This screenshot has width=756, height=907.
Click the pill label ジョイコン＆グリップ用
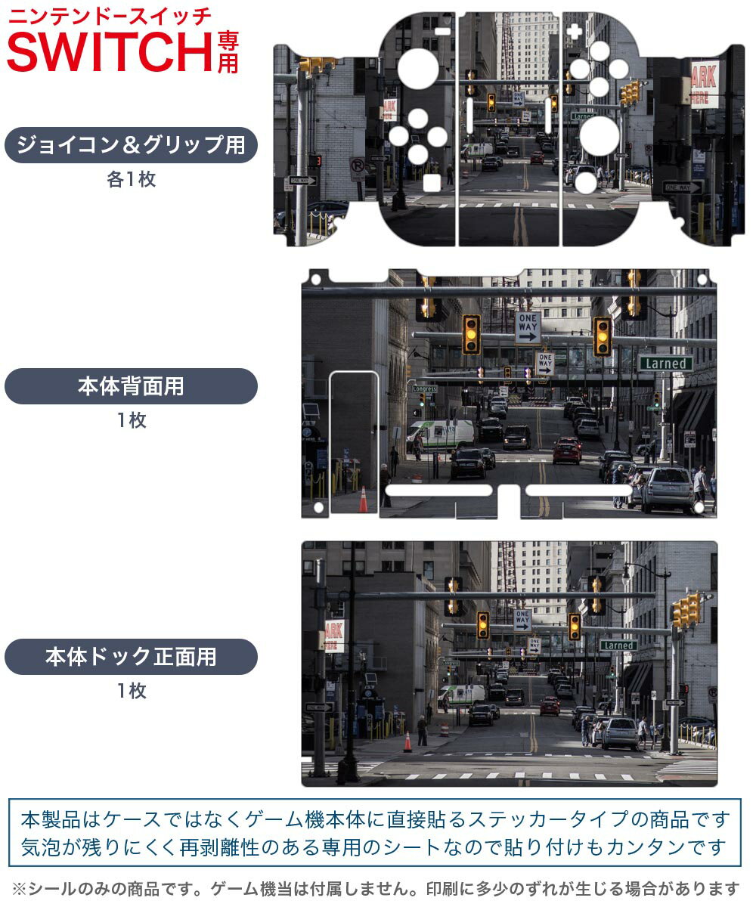(131, 145)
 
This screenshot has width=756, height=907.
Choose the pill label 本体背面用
(131, 386)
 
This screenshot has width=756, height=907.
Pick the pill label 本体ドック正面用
(131, 656)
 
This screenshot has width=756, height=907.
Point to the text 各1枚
(131, 180)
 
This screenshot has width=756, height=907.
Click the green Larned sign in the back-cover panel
(665, 364)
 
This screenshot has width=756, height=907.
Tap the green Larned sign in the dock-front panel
(618, 645)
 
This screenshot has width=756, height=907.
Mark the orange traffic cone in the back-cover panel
(363, 500)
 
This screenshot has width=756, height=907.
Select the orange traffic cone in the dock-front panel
(407, 742)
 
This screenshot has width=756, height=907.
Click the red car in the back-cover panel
(567, 450)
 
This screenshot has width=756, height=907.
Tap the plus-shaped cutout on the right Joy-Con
(575, 33)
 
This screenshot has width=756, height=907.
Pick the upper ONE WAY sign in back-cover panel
(528, 328)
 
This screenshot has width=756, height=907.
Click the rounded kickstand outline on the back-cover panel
(354, 442)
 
